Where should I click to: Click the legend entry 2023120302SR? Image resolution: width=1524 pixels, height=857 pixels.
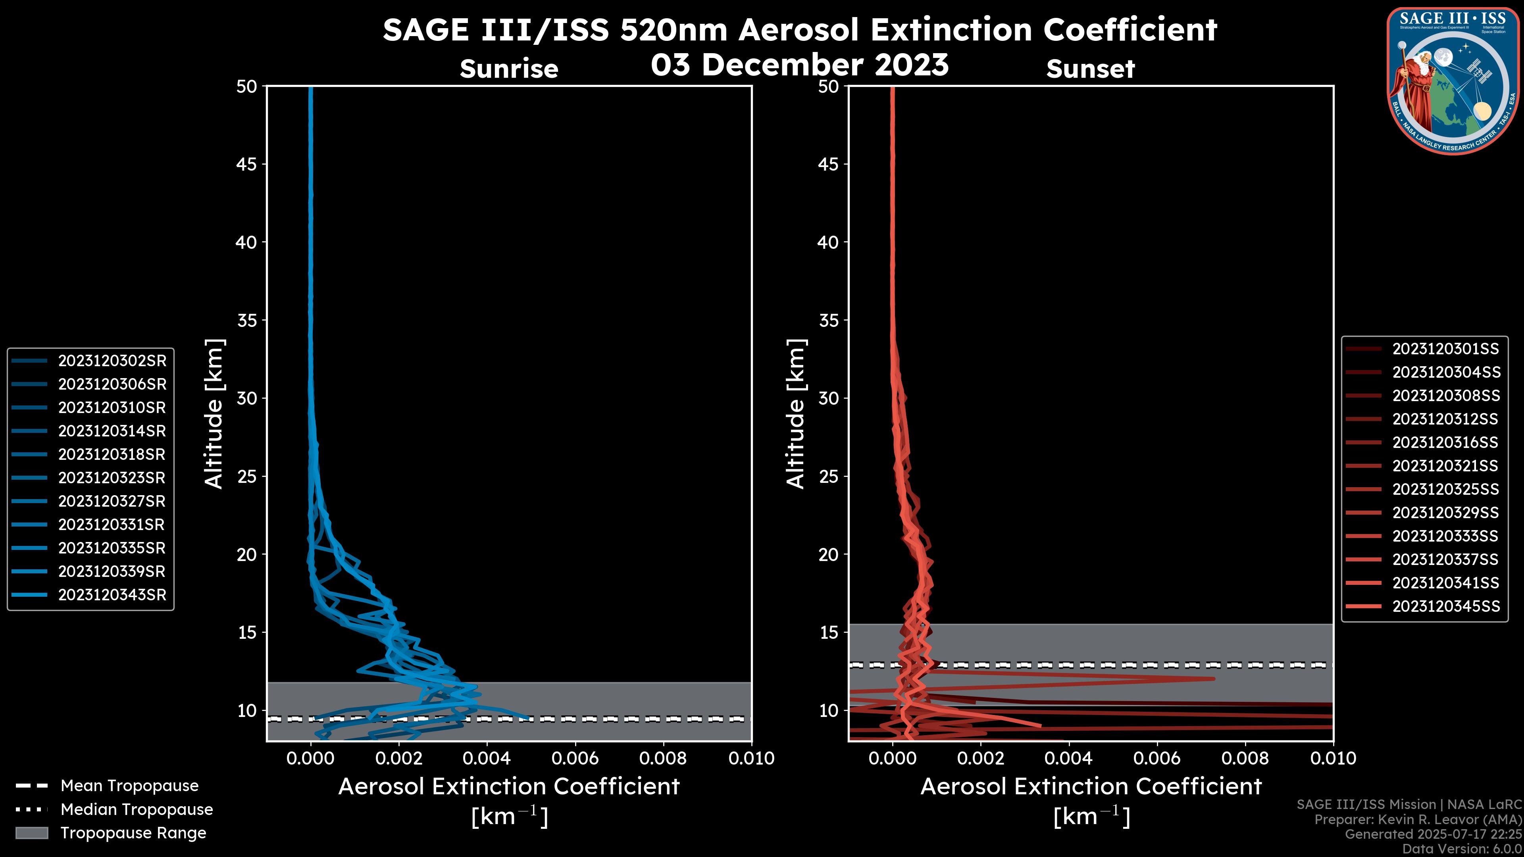pos(112,361)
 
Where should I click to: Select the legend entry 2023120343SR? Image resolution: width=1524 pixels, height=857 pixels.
pos(112,595)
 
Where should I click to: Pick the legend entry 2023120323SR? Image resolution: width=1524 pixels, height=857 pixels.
pos(112,478)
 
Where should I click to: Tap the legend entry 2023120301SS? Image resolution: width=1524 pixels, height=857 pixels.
pos(1446,349)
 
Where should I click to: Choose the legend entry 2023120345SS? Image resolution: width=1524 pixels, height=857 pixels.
pos(1446,606)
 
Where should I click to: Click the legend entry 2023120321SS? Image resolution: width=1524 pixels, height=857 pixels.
pos(1446,466)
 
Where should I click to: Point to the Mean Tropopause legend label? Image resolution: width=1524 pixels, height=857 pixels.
pos(129,786)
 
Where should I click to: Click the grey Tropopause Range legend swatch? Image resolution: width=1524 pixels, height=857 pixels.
pos(31,833)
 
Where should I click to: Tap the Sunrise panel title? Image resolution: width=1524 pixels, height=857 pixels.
pos(509,69)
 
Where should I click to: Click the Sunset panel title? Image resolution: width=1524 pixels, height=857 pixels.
pos(1090,69)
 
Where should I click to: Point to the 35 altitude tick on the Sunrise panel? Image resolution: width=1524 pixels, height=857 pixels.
pos(247,321)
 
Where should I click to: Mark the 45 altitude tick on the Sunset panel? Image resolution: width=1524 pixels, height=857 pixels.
pos(829,164)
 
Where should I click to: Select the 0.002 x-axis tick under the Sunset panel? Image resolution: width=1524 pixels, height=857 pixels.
pos(981,758)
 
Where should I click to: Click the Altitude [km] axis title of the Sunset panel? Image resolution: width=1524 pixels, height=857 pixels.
pos(796,414)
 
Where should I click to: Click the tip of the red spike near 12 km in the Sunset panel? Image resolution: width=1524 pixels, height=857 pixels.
pos(1213,679)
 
